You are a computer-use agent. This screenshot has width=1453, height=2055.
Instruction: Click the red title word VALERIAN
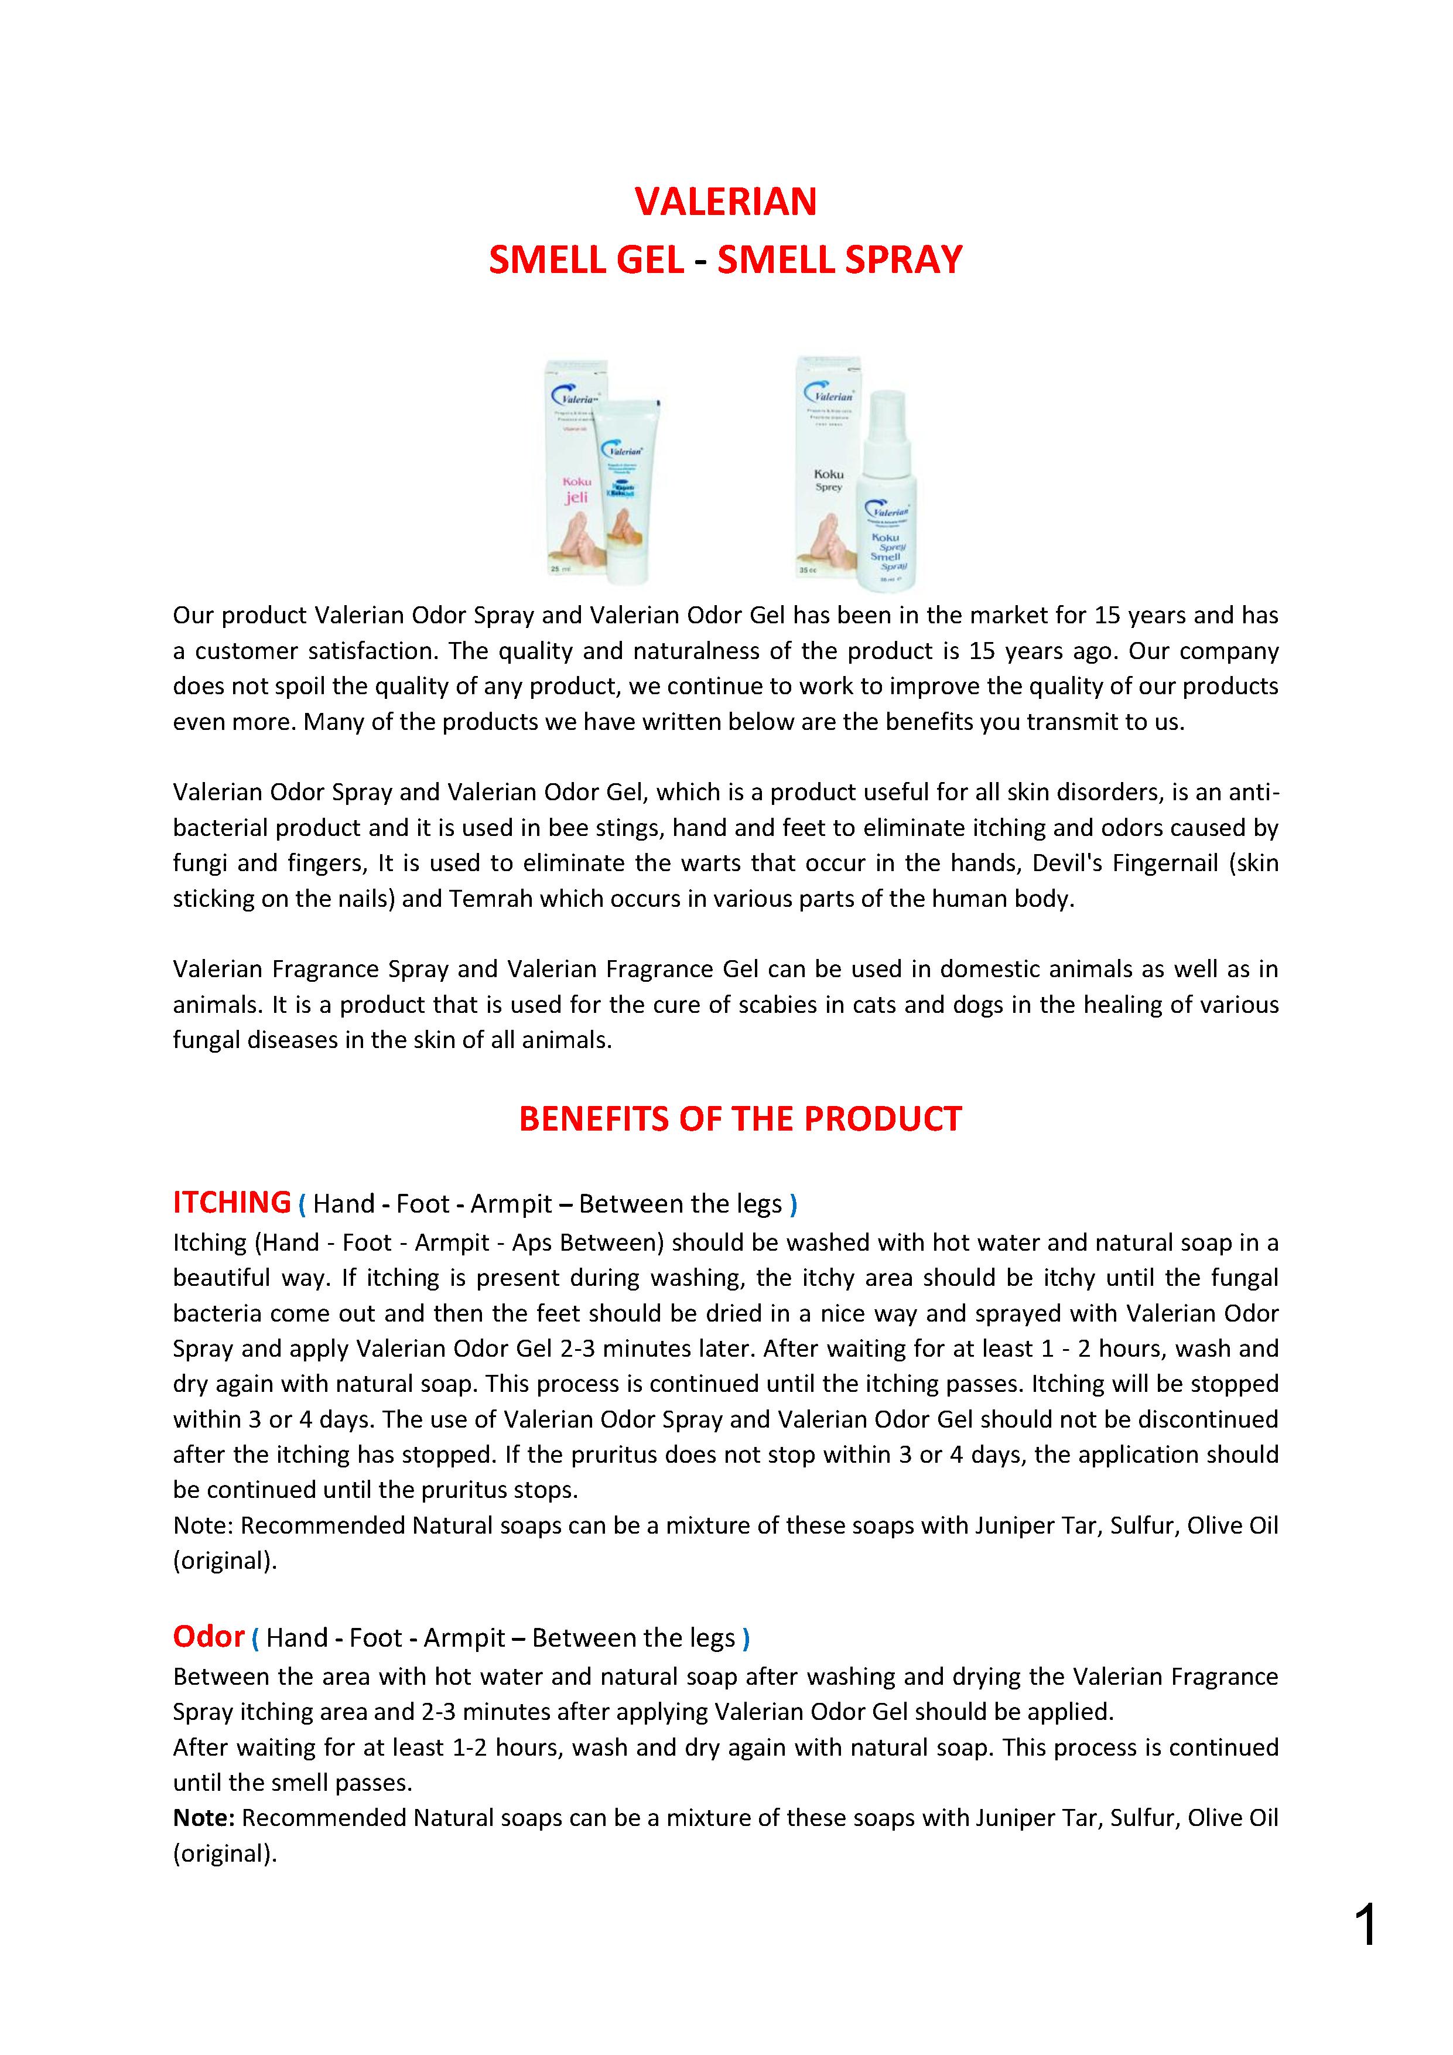[726, 202]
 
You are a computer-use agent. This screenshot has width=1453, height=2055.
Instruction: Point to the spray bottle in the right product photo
[886, 492]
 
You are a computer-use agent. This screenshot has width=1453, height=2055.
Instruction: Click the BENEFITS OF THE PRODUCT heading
[740, 1119]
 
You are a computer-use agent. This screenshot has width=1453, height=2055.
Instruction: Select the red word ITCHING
[232, 1202]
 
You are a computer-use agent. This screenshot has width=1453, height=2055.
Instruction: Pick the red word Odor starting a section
[208, 1636]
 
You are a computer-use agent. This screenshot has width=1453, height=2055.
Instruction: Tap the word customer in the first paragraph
[247, 651]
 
